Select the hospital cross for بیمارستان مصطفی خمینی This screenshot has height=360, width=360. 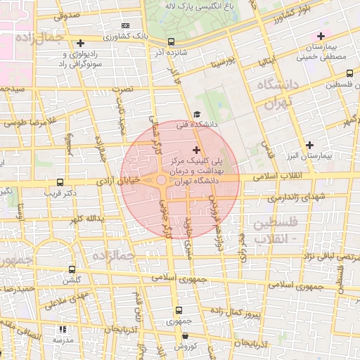point(321,36)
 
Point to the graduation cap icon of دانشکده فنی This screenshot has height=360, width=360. point(197,115)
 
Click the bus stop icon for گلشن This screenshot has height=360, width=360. point(72,269)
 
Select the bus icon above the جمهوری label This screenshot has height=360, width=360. point(178,310)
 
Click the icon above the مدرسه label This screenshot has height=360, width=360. point(63,329)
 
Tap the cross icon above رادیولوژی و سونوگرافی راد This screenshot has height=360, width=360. point(80,44)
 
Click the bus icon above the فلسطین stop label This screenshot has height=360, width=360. point(349,73)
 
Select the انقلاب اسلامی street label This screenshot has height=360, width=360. point(310,174)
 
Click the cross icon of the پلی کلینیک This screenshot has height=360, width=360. point(195,150)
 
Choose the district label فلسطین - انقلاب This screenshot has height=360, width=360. point(274,229)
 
